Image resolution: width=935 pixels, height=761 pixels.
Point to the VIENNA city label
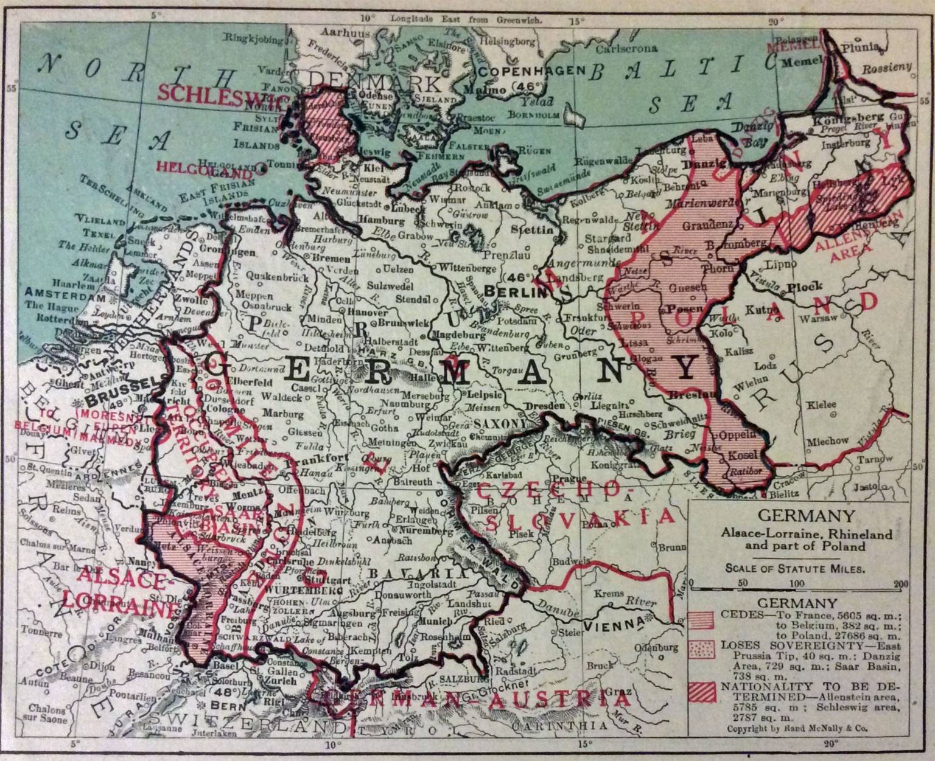[610, 624]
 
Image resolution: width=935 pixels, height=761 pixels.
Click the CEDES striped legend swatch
[702, 621]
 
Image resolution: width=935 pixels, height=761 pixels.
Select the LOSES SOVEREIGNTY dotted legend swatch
[702, 650]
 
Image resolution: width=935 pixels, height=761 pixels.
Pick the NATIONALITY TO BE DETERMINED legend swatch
[702, 691]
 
